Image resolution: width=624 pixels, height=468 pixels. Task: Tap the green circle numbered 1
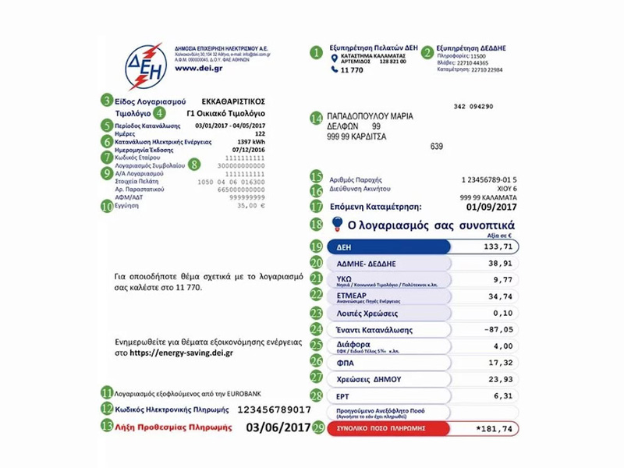coord(316,52)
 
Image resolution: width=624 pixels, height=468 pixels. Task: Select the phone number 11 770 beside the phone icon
coord(353,70)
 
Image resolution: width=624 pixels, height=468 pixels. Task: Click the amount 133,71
coord(495,246)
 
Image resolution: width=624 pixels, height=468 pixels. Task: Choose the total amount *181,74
coord(494,429)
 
